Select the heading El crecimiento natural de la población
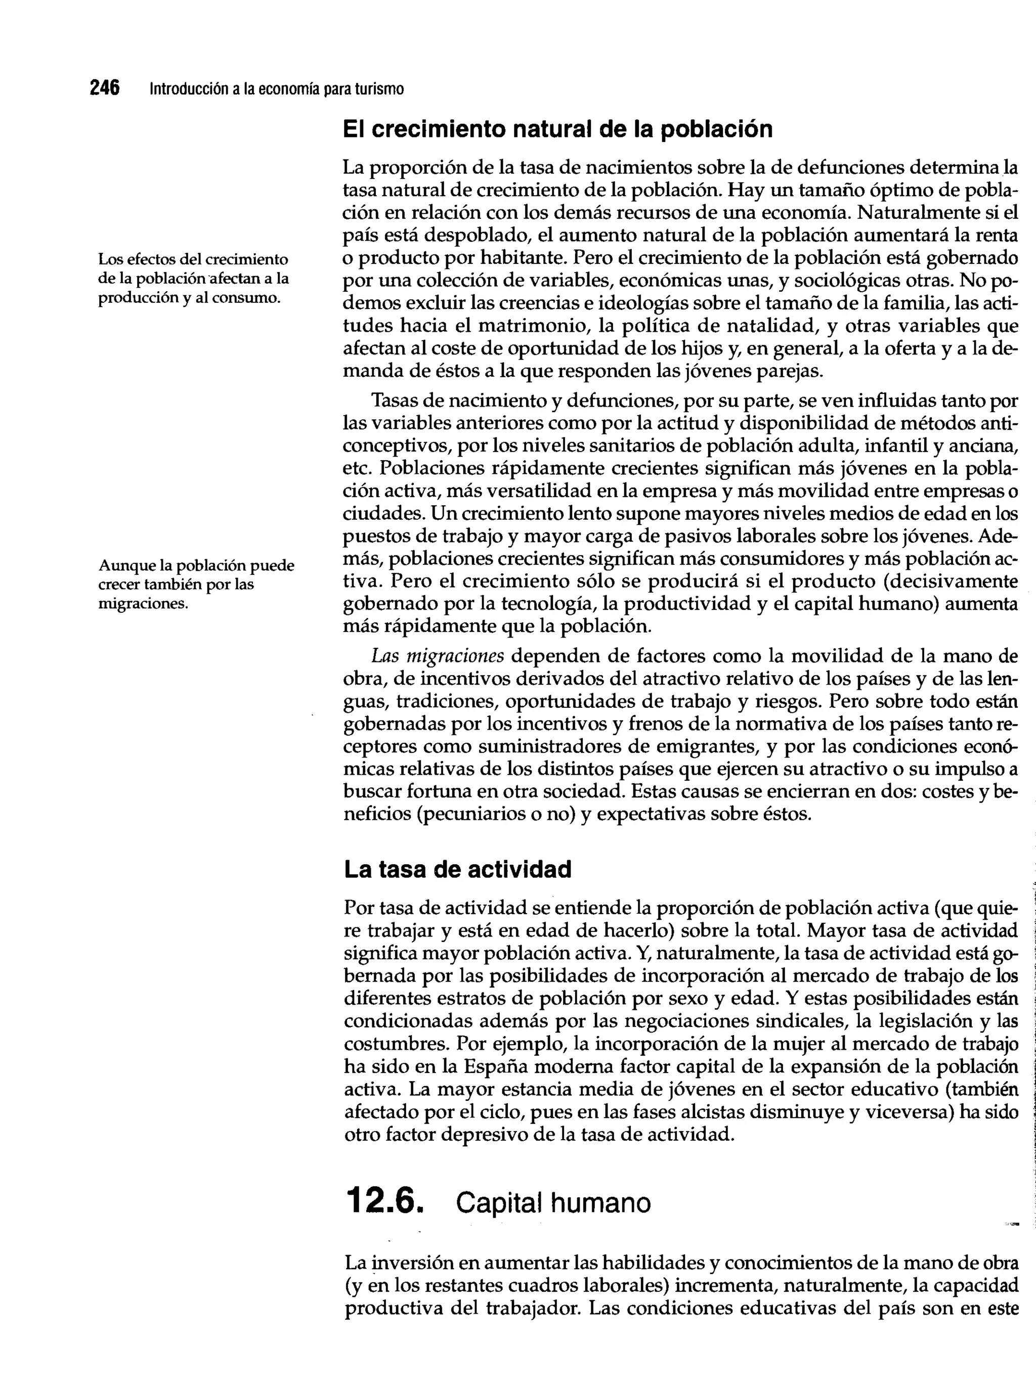tap(557, 130)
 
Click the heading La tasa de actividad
tap(458, 869)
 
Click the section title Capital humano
tap(553, 1202)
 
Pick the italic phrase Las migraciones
tap(438, 656)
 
